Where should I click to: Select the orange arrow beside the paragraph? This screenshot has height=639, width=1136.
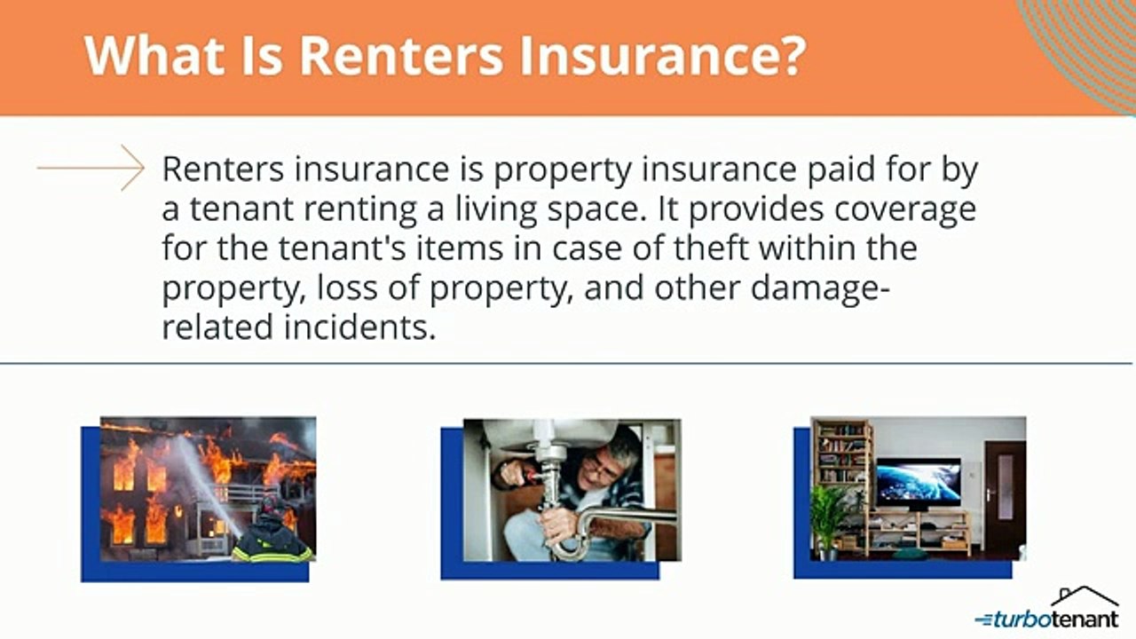(x=91, y=167)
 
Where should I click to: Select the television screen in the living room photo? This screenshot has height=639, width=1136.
(x=919, y=481)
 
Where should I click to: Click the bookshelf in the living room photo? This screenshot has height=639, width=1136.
(x=842, y=461)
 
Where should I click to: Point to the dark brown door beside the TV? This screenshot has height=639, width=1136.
(x=1005, y=497)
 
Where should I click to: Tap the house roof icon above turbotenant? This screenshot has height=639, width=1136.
(x=1084, y=596)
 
